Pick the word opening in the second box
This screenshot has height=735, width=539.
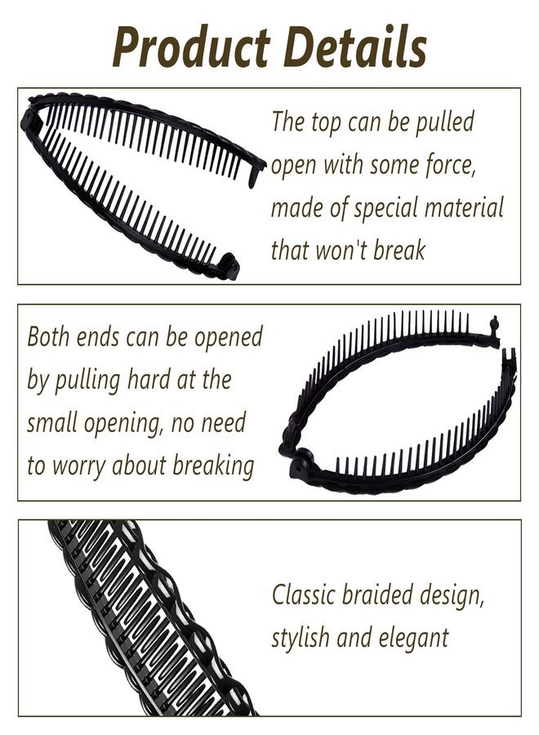[123, 424]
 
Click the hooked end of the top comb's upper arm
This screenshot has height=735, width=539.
[256, 175]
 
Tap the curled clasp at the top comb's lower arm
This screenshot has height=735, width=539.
[229, 265]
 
